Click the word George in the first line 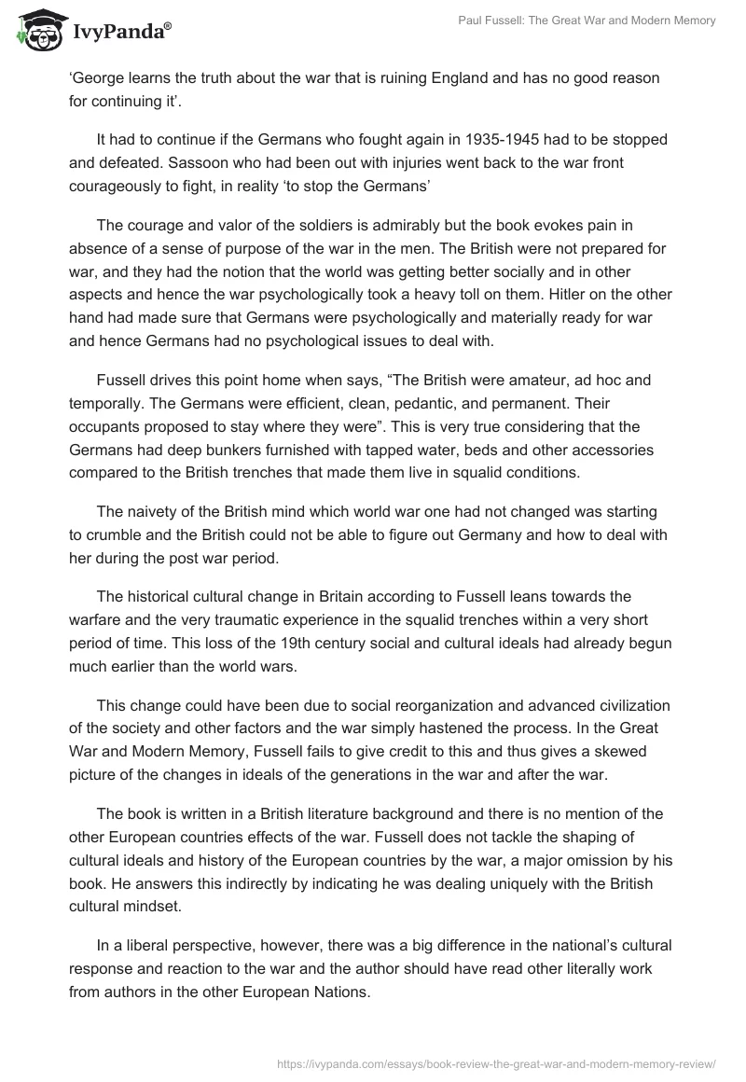click(98, 78)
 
